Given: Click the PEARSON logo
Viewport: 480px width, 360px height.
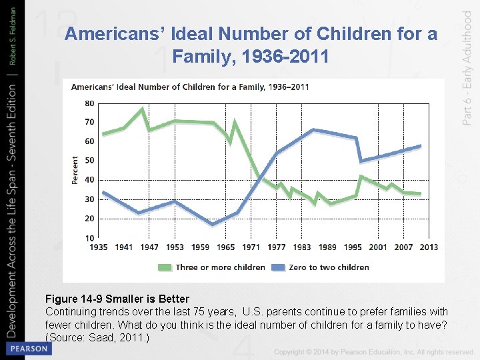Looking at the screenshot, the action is pyautogui.click(x=29, y=349).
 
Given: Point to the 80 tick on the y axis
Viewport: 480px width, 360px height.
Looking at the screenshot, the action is pyautogui.click(x=90, y=103).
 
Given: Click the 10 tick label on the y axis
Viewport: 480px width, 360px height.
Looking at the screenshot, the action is pyautogui.click(x=90, y=238).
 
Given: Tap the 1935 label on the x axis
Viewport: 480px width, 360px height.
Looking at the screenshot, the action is pyautogui.click(x=99, y=247).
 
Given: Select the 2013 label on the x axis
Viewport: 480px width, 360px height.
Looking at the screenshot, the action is pyautogui.click(x=429, y=247).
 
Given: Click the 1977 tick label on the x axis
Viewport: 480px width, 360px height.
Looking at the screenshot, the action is pyautogui.click(x=277, y=247).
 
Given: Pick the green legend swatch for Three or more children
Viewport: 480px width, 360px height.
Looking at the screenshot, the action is pyautogui.click(x=165, y=267).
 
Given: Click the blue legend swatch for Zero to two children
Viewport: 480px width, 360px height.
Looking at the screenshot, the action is pyautogui.click(x=278, y=267).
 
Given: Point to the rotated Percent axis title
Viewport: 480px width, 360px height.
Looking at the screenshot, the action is pyautogui.click(x=75, y=170).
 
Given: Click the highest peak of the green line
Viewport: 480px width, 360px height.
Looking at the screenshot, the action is pyautogui.click(x=143, y=109).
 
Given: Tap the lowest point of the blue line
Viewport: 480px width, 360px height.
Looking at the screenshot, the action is pyautogui.click(x=213, y=225).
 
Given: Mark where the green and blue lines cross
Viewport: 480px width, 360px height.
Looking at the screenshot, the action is pyautogui.click(x=259, y=177).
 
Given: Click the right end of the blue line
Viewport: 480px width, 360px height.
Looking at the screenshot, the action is pyautogui.click(x=421, y=146).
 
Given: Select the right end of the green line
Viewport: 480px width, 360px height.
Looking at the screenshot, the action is pyautogui.click(x=421, y=194).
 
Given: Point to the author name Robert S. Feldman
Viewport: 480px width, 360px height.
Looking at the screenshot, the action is pyautogui.click(x=12, y=36).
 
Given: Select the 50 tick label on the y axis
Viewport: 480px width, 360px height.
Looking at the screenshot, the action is pyautogui.click(x=90, y=161).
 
